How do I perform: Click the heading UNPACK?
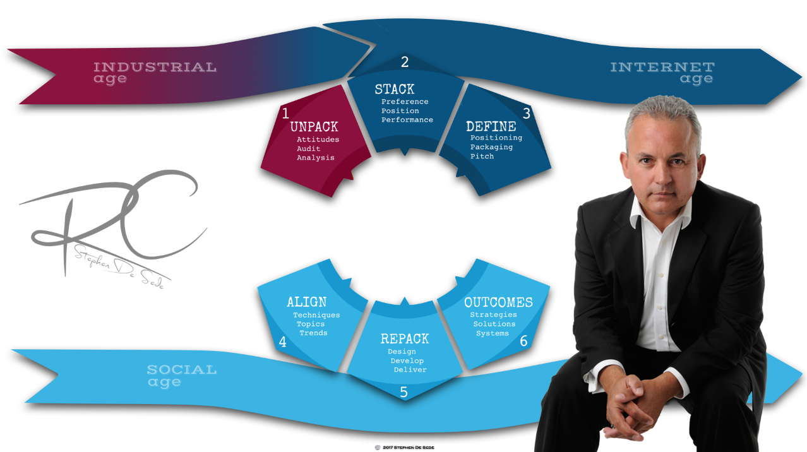tap(314, 127)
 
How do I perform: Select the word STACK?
tap(394, 89)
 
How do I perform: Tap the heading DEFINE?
tap(491, 126)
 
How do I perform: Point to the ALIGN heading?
tap(306, 302)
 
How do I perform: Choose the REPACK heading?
tap(404, 339)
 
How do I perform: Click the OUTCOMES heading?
tap(498, 302)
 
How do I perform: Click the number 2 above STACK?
tap(405, 62)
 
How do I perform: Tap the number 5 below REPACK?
tap(403, 392)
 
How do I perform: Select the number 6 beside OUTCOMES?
tap(523, 341)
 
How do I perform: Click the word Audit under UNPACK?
tap(309, 149)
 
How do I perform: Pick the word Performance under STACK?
tap(407, 120)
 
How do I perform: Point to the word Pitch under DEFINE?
tap(482, 156)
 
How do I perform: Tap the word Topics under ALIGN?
tap(311, 324)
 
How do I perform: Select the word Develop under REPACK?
tap(407, 360)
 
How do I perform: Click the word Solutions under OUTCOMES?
tap(494, 324)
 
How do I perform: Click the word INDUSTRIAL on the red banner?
tap(155, 67)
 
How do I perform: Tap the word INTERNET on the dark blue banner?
tap(662, 67)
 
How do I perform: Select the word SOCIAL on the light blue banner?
tap(181, 369)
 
